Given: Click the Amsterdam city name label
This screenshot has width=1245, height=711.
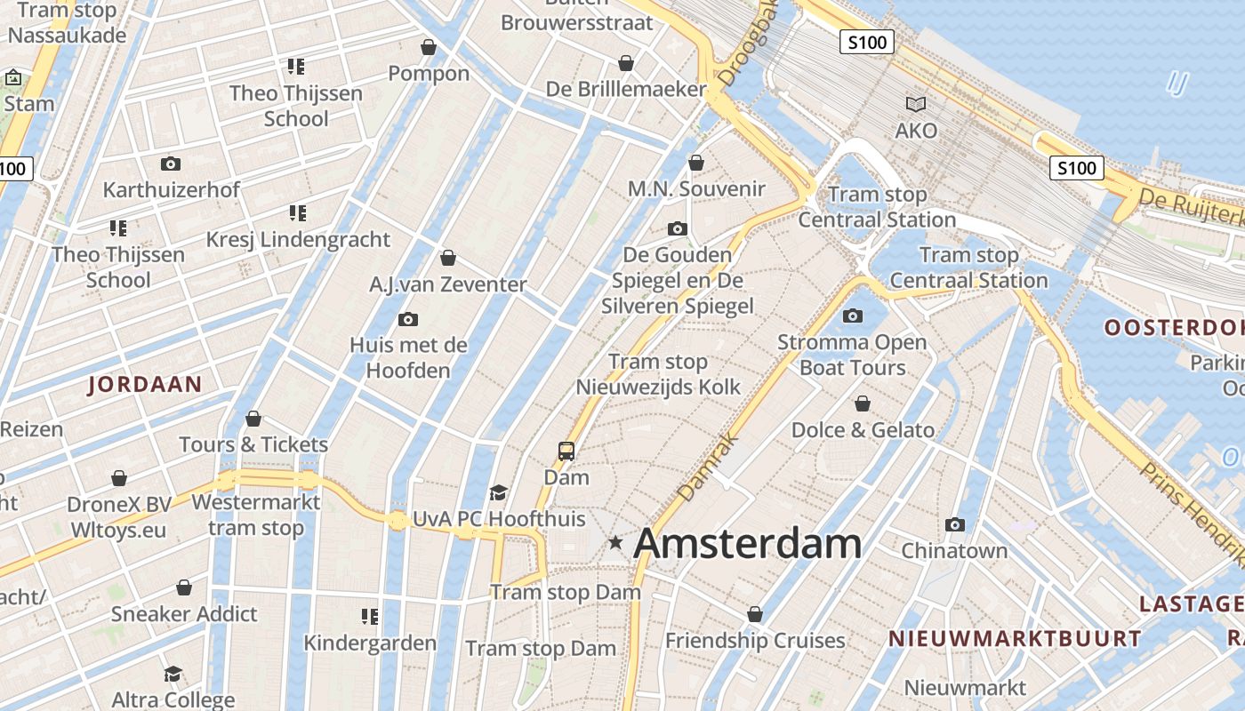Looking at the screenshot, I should [x=747, y=543].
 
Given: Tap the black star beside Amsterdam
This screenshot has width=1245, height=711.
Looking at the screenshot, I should [x=614, y=542].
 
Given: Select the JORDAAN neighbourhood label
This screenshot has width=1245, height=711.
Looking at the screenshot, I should [x=145, y=385].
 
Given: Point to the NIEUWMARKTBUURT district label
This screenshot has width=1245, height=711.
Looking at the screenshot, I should [x=1015, y=638].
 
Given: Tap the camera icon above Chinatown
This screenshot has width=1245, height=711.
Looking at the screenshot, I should [x=955, y=525].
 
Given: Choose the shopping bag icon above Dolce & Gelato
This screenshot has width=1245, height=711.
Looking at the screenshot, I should [x=862, y=404].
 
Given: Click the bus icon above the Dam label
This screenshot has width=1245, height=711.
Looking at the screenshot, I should [x=566, y=451].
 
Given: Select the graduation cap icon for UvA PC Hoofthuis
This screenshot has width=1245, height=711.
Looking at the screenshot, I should [x=498, y=492].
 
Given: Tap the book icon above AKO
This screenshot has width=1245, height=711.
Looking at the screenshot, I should [x=916, y=105].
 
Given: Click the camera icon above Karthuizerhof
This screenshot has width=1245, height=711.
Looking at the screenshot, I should [x=170, y=164].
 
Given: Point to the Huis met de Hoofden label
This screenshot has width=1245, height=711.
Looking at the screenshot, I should [x=408, y=357].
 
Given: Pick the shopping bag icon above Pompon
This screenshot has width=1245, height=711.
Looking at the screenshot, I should [x=429, y=47].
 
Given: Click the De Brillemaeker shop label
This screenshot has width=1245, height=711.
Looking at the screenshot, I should [x=626, y=89].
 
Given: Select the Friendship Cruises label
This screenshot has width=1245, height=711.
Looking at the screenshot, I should [x=755, y=640].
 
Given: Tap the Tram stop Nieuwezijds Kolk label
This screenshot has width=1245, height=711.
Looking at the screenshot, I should [x=658, y=374].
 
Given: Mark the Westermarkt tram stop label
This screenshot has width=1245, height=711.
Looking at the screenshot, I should [x=256, y=515].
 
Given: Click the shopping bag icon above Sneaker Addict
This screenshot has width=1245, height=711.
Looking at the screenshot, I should [x=184, y=588].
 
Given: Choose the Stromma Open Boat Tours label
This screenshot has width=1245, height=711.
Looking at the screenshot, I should [x=852, y=355].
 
